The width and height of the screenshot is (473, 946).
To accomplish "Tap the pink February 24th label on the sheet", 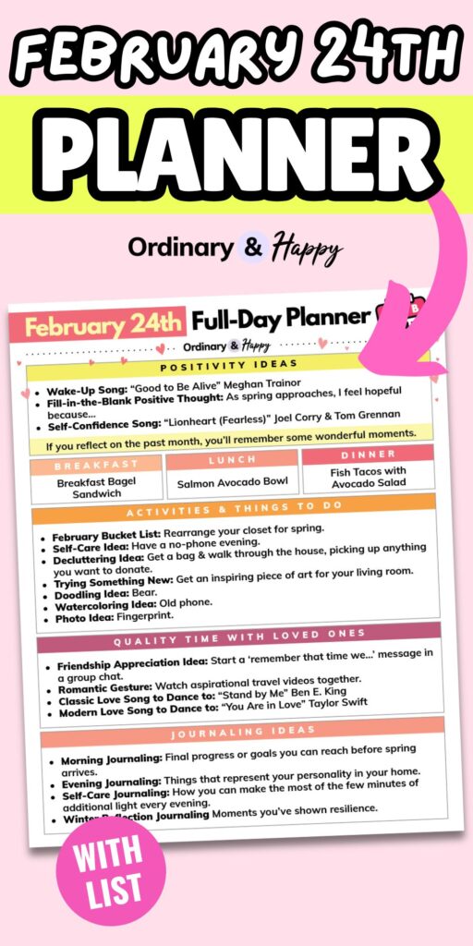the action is coord(103,327).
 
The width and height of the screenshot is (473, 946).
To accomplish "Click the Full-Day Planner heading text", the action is coord(281,320).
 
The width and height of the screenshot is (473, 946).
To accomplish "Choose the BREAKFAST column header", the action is coord(96,465).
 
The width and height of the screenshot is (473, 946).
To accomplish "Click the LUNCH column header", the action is coord(232,459).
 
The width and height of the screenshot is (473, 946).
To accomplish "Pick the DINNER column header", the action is coord(368,455).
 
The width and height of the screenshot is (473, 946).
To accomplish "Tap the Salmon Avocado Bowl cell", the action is coord(232,481).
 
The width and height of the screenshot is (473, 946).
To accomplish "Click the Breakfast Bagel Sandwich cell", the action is coord(96,488).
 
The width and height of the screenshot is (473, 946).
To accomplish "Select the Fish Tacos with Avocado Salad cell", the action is coord(368,477).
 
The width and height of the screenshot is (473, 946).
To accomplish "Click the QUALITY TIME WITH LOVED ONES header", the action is coord(238,637).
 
